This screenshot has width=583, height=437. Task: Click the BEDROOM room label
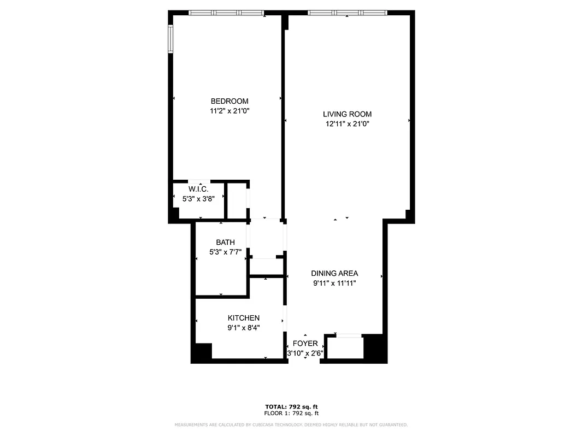point(229,101)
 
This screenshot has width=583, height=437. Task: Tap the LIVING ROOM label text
point(347,114)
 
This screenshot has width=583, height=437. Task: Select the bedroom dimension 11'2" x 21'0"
point(229,111)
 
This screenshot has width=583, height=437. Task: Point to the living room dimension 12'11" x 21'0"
point(347,124)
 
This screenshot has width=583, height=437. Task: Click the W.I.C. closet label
point(198,189)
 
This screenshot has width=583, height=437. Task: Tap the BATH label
point(225,242)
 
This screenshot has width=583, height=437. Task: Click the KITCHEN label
point(243,318)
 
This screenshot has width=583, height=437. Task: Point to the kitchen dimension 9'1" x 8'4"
point(243,328)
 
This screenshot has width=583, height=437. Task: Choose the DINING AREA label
point(334,273)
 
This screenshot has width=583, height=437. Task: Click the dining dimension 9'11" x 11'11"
point(334,283)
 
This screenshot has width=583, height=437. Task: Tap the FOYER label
point(305,343)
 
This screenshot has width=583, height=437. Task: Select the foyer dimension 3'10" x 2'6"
point(305,353)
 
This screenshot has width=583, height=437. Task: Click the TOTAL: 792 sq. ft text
point(291,406)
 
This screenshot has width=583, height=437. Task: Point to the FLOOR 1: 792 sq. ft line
point(291,413)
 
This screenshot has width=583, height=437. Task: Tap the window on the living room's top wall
point(347,13)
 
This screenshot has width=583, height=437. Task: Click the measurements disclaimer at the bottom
point(291,424)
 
